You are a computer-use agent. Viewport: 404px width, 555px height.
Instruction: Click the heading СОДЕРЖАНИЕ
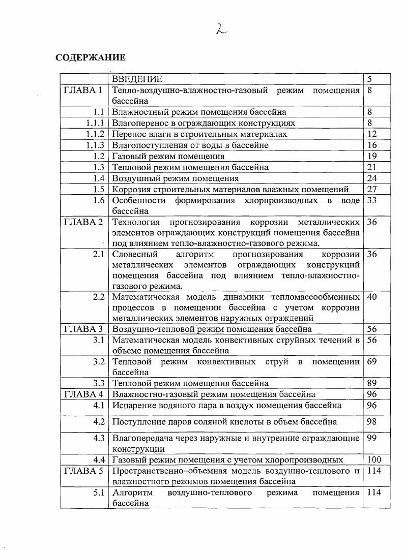click(90, 57)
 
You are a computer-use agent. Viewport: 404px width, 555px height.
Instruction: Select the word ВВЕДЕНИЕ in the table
click(137, 79)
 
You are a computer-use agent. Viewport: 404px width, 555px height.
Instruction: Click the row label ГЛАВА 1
click(83, 90)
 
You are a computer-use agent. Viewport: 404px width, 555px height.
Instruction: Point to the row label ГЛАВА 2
click(83, 222)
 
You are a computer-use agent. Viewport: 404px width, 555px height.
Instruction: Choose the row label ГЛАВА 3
click(83, 329)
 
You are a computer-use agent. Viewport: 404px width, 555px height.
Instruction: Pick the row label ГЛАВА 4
click(83, 394)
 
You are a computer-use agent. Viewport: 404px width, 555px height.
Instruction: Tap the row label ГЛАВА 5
click(83, 471)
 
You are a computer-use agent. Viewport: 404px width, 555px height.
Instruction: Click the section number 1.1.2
click(95, 134)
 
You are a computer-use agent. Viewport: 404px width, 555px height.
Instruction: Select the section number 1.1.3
click(95, 145)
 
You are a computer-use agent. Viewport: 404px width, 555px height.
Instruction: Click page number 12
click(372, 134)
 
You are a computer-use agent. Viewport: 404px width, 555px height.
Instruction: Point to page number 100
click(374, 460)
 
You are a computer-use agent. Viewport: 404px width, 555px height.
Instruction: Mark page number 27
click(372, 190)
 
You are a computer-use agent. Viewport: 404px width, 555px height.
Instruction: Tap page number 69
click(372, 362)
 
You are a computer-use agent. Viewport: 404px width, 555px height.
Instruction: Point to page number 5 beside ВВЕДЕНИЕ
click(370, 79)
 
